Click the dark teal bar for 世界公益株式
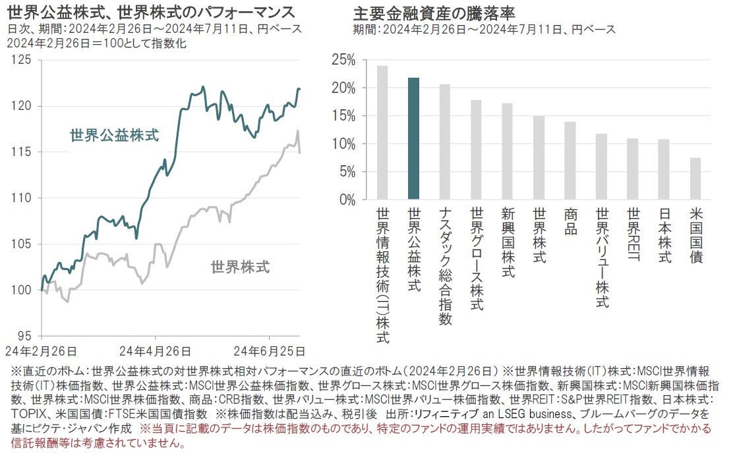pos(413,138)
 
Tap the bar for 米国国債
pos(695,178)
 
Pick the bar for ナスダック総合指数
pos(444,142)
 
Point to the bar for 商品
pos(570,160)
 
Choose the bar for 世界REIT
pos(632,169)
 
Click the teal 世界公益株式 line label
pos(114,136)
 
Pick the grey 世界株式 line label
pos(240,267)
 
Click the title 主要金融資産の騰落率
pos(434,13)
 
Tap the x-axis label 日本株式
pos(664,235)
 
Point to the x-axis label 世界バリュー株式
pos(601,257)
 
